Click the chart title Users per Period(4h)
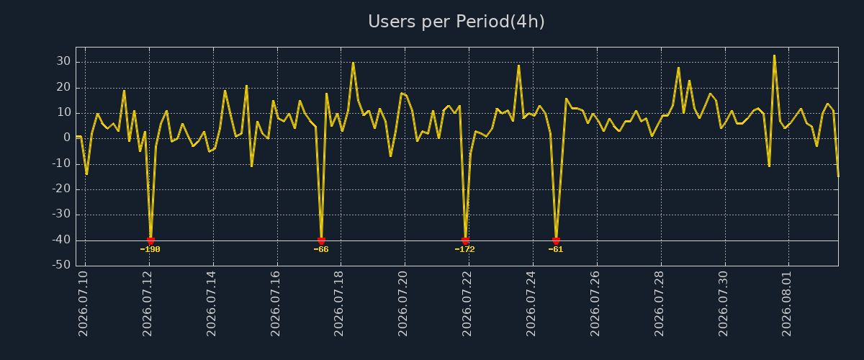pyautogui.click(x=456, y=22)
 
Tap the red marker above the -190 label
pyautogui.click(x=150, y=241)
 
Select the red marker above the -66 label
pyautogui.click(x=321, y=241)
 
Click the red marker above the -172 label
pyautogui.click(x=465, y=241)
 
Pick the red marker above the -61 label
pyautogui.click(x=556, y=241)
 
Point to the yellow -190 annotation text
pyautogui.click(x=150, y=249)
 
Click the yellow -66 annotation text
pyautogui.click(x=321, y=249)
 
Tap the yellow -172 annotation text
pyautogui.click(x=465, y=249)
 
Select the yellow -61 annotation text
pyautogui.click(x=556, y=249)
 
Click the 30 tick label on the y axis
pyautogui.click(x=63, y=61)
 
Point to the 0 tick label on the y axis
pyautogui.click(x=67, y=138)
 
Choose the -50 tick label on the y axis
pyautogui.click(x=61, y=265)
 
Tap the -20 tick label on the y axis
pyautogui.click(x=61, y=189)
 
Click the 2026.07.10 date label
pyautogui.click(x=84, y=304)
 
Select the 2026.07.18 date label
pyautogui.click(x=338, y=304)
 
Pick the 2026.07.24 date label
pyautogui.click(x=531, y=304)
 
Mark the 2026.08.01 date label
pyautogui.click(x=787, y=304)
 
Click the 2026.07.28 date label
pyautogui.click(x=660, y=304)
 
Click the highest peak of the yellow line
pyautogui.click(x=774, y=55)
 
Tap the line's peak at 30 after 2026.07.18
pyautogui.click(x=353, y=63)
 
